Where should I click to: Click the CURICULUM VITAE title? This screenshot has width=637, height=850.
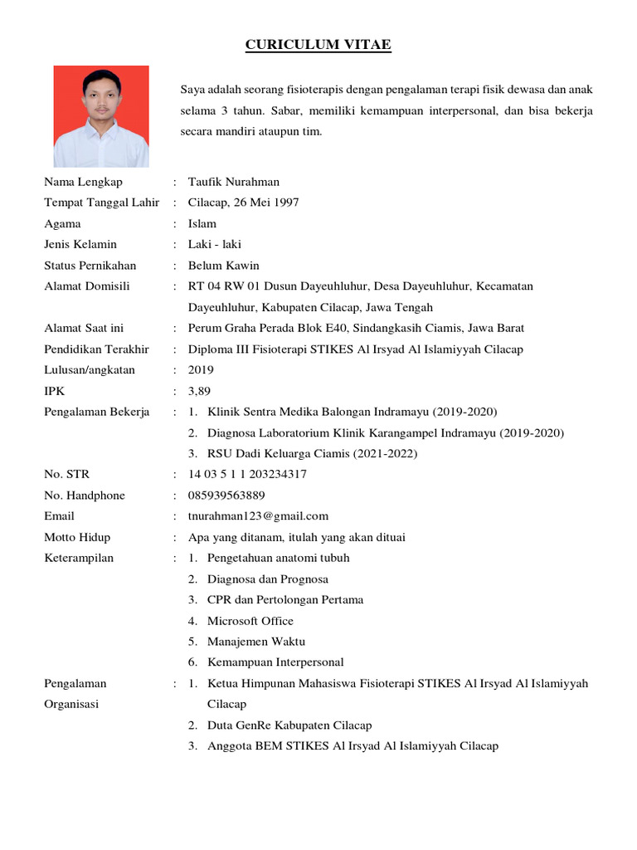click(318, 45)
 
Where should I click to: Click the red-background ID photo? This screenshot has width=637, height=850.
click(101, 117)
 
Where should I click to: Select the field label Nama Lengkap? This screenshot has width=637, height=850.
click(83, 182)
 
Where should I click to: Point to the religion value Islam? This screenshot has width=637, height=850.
click(202, 223)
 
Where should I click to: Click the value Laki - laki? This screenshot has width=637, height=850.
click(215, 244)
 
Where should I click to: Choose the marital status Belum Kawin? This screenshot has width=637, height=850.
click(224, 266)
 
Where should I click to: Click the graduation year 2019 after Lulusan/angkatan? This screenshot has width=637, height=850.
click(201, 370)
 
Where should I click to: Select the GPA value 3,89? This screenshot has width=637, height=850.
click(200, 391)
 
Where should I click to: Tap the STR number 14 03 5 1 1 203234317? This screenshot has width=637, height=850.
click(247, 474)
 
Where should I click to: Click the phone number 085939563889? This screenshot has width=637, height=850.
click(226, 496)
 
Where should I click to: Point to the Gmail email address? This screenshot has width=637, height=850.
click(258, 516)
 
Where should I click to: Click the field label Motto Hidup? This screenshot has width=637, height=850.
click(77, 537)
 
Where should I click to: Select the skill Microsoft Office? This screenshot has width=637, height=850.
click(250, 621)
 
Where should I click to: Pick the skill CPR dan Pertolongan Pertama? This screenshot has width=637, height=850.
click(285, 599)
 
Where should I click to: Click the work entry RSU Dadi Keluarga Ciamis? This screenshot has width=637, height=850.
click(313, 453)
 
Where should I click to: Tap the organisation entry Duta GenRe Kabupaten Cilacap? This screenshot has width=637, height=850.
click(289, 725)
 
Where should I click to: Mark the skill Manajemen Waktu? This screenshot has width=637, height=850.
click(256, 642)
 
